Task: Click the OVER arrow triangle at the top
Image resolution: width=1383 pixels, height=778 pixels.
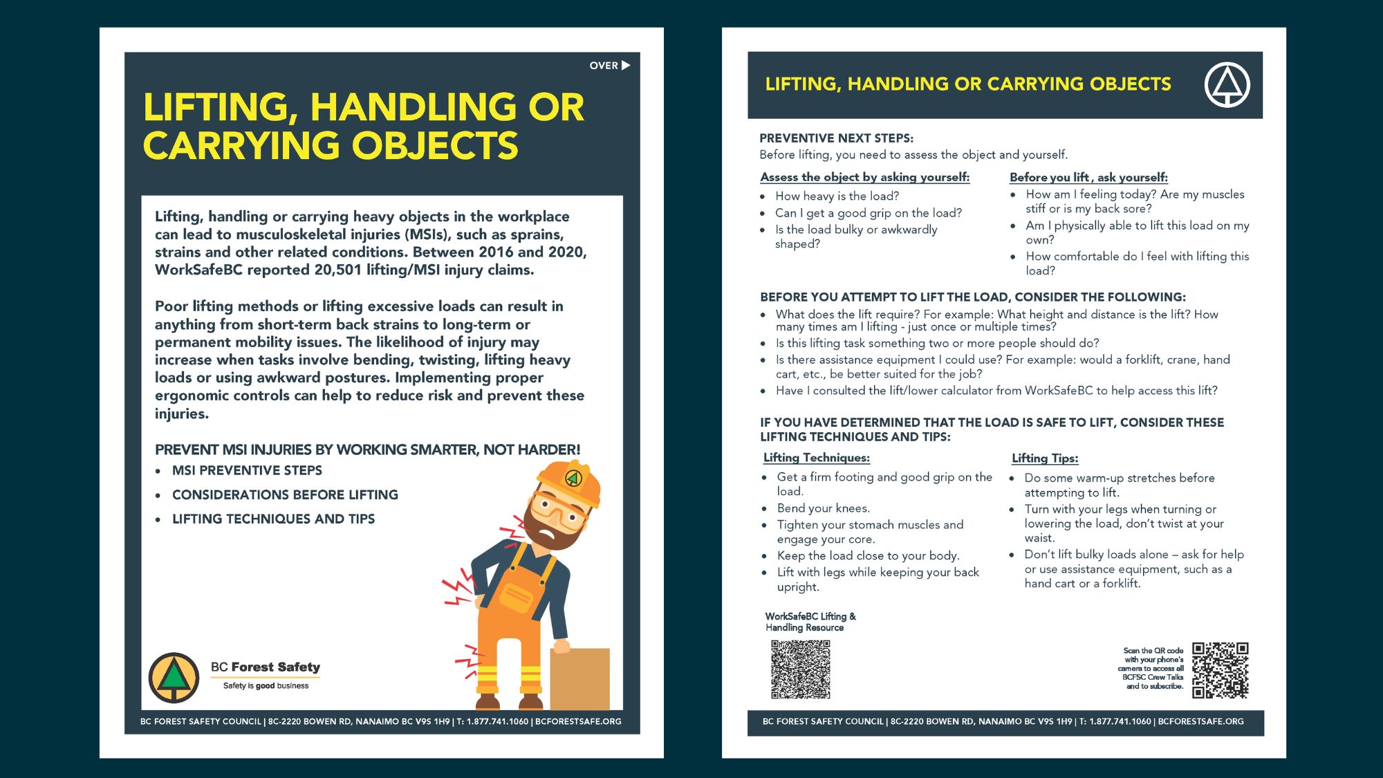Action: (626, 65)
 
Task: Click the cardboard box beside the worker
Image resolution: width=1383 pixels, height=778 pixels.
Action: (579, 678)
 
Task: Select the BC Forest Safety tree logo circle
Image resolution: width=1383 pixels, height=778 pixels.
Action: (174, 678)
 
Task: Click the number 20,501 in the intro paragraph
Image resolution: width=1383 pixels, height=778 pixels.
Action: (337, 270)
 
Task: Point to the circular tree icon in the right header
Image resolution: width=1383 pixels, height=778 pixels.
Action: (1227, 85)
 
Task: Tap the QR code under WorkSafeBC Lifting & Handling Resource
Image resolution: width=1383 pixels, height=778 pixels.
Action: (800, 669)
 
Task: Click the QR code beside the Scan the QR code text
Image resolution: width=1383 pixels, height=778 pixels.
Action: (1220, 669)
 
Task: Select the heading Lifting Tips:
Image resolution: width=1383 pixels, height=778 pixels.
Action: (1044, 459)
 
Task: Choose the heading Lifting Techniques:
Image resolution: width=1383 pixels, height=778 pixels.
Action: (816, 458)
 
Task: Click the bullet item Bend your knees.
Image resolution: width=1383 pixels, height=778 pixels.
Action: (823, 508)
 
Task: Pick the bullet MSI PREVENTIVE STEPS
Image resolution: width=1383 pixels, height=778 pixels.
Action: (247, 471)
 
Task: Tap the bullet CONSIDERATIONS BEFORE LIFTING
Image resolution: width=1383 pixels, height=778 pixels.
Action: (285, 495)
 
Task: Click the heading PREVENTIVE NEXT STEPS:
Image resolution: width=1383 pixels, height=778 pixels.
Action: (836, 138)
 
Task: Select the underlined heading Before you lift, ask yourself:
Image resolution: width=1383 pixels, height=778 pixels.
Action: (1088, 177)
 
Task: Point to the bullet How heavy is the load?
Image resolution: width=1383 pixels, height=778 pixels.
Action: (837, 196)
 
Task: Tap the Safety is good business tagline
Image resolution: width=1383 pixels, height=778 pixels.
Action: (266, 686)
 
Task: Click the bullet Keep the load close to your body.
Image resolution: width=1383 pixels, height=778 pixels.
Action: (868, 556)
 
